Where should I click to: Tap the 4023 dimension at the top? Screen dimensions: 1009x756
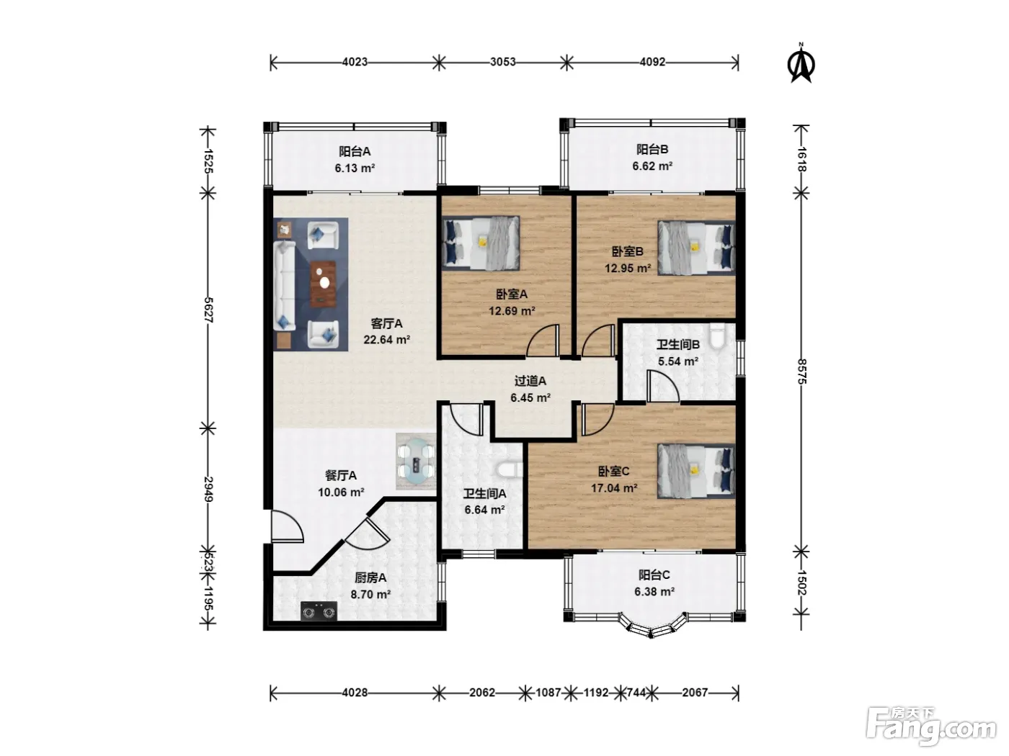(355, 62)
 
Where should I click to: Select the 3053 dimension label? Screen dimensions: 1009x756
(502, 62)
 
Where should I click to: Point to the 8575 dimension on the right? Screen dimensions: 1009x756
(801, 372)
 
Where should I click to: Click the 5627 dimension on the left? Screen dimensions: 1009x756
(208, 310)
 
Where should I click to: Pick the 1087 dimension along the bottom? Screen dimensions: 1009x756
(548, 692)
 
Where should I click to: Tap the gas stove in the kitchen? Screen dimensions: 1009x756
(319, 611)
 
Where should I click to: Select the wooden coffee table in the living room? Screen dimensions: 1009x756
(323, 284)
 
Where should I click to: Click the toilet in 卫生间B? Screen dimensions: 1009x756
(716, 336)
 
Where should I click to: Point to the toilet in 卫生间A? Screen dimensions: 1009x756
(509, 470)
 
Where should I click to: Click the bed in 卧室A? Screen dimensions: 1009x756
(481, 243)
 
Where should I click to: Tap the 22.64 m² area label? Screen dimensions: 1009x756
(386, 340)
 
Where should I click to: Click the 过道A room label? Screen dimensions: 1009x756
(530, 381)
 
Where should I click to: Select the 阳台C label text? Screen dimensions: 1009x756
(654, 575)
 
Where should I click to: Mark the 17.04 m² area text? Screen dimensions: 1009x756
(614, 488)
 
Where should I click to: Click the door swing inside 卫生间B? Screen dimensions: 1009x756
(662, 387)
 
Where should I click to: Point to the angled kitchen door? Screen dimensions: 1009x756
(368, 534)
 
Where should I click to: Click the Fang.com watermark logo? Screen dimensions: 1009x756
(931, 726)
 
